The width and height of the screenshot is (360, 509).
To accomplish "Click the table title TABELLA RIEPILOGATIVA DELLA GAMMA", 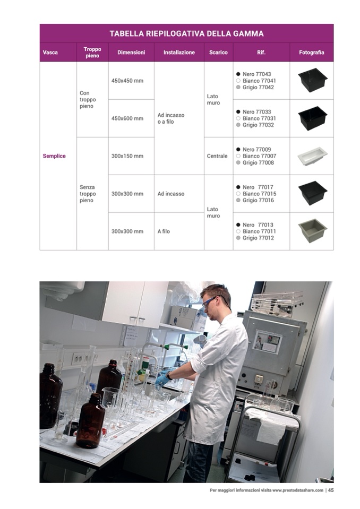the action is click(186, 33).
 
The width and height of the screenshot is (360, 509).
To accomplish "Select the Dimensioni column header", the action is click(131, 52).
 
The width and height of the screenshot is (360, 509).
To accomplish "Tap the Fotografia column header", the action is click(311, 52).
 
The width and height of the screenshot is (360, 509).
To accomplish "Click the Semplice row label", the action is click(54, 156).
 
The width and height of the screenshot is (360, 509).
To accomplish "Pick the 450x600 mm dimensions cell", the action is click(127, 118).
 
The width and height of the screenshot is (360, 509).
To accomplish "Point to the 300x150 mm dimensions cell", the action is click(127, 156).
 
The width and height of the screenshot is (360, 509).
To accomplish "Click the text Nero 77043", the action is click(256, 74).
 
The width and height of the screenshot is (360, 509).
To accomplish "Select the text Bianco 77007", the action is click(259, 156).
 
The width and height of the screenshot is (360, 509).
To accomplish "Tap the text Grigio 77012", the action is click(258, 238).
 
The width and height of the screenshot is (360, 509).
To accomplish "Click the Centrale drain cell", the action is click(217, 156).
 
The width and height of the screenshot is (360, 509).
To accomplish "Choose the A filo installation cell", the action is click(164, 231).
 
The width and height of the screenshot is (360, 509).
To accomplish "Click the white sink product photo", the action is click(312, 157).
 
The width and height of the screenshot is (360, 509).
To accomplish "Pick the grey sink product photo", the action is click(312, 230).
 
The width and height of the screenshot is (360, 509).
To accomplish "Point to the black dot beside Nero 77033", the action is click(238, 111).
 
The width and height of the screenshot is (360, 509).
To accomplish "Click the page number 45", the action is click(330, 490).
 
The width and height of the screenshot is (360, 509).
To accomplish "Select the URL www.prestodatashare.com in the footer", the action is click(298, 490).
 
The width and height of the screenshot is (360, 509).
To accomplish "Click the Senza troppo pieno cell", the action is click(88, 194).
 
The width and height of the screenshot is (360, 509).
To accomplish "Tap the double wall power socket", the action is click(78, 358).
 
